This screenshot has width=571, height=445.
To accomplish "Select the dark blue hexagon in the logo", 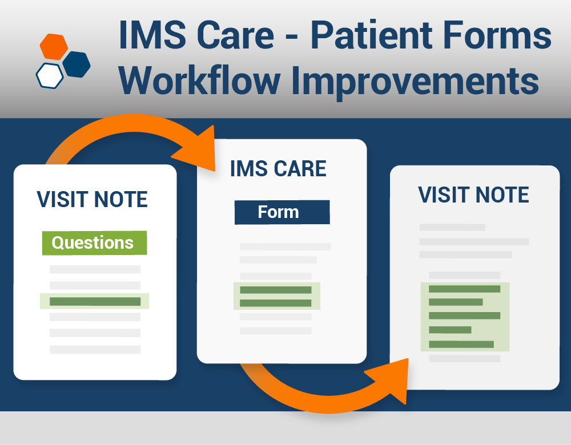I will pyautogui.click(x=77, y=64).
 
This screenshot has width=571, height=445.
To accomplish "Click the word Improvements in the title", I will pyautogui.click(x=415, y=81).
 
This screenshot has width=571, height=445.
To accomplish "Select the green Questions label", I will pyautogui.click(x=94, y=242).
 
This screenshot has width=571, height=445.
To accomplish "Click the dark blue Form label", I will pyautogui.click(x=282, y=212).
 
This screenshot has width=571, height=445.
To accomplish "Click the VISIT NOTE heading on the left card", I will pyautogui.click(x=93, y=199).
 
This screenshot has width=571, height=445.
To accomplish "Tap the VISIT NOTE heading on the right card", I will pyautogui.click(x=473, y=195).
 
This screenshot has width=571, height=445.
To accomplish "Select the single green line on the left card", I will pyautogui.click(x=95, y=301).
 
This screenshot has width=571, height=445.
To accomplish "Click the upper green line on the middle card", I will pyautogui.click(x=275, y=290).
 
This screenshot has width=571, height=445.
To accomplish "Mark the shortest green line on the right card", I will pyautogui.click(x=450, y=330).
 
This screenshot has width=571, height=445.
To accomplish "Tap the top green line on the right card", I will pyautogui.click(x=464, y=289).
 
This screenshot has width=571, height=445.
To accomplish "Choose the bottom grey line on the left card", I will pyautogui.click(x=95, y=349).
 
